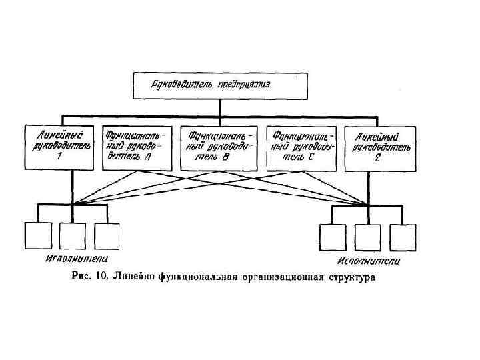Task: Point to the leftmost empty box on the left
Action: pyautogui.click(x=37, y=235)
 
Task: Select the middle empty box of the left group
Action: pyautogui.click(x=72, y=235)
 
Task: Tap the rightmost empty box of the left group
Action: pyautogui.click(x=107, y=235)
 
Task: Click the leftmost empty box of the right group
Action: pyautogui.click(x=333, y=237)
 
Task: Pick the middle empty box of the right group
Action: pyautogui.click(x=367, y=237)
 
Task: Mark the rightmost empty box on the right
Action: pyautogui.click(x=403, y=237)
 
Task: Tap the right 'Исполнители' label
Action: pyautogui.click(x=369, y=261)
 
